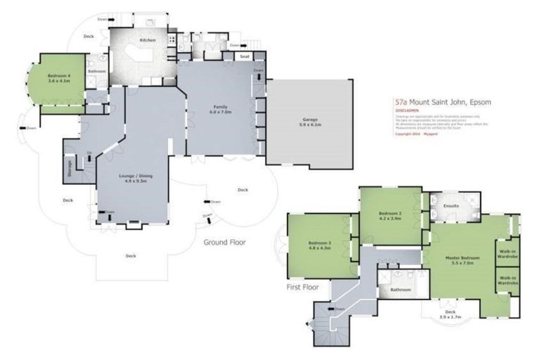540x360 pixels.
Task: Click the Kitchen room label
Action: [147, 40]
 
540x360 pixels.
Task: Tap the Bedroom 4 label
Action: [59, 75]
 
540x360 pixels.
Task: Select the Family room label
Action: [221, 106]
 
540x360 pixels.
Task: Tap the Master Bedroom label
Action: [463, 258]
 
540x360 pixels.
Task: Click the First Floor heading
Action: [302, 287]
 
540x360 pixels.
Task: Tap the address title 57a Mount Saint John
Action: [442, 103]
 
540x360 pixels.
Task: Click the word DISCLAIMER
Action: [407, 110]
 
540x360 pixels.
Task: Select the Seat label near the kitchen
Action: [245, 56]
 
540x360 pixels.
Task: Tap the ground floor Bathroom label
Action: [97, 71]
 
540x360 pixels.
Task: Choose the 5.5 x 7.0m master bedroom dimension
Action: [463, 263]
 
